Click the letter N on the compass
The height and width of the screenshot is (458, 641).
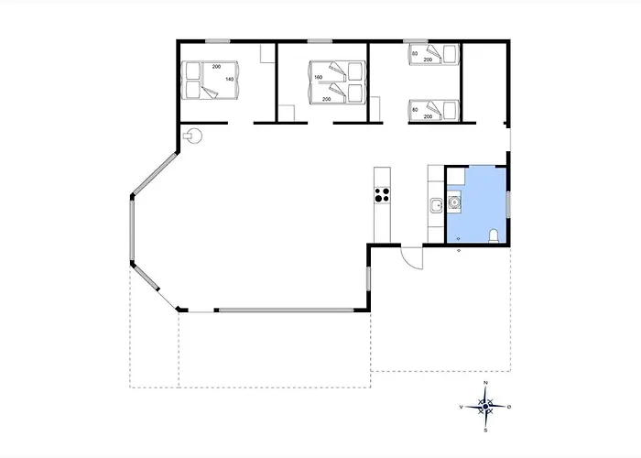(x=485, y=383)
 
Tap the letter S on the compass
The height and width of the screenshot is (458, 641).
(x=485, y=431)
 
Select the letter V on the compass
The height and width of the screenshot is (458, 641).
(x=462, y=407)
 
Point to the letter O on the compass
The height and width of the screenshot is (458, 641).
(x=509, y=407)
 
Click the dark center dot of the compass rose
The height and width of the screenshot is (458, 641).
(x=485, y=407)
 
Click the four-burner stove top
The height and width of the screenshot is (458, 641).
(x=382, y=194)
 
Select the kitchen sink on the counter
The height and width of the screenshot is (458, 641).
(x=436, y=205)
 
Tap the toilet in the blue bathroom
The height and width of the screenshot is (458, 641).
(x=494, y=236)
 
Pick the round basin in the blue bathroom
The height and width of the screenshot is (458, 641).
(x=454, y=202)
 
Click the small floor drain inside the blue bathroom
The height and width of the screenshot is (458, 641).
(x=458, y=238)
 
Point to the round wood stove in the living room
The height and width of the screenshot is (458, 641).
(x=192, y=136)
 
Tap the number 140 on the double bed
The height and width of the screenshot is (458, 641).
(x=230, y=79)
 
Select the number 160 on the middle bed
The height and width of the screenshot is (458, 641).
(x=319, y=77)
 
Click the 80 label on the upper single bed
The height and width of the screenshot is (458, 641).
(x=415, y=53)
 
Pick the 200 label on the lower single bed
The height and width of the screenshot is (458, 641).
(x=428, y=116)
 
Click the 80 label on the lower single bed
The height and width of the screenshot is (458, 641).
(x=415, y=110)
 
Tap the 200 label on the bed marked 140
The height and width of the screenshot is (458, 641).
(x=216, y=67)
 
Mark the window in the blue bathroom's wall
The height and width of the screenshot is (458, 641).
(x=508, y=204)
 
